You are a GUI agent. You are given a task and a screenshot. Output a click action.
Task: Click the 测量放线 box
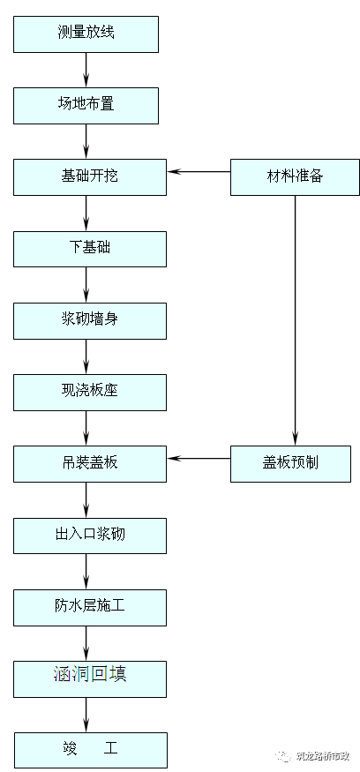pos(86,34)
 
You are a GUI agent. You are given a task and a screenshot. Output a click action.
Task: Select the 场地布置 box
pos(86,105)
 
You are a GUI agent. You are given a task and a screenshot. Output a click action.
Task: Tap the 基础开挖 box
pos(89,176)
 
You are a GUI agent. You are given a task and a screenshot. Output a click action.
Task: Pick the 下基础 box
pos(89,248)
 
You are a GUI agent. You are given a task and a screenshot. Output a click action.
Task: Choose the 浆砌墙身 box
pos(89,319)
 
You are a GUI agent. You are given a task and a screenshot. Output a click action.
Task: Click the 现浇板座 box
pos(89,392)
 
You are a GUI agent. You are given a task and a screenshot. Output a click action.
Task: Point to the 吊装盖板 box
pos(89,463)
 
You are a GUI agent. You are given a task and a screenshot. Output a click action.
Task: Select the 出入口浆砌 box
pos(89,535)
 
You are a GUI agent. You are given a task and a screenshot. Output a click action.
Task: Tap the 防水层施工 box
pos(89,606)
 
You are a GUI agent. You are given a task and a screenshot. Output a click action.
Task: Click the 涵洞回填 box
pos(89,677)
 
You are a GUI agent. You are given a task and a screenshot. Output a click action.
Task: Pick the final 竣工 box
pos(89,749)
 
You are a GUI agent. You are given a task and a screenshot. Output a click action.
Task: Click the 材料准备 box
pos(295,176)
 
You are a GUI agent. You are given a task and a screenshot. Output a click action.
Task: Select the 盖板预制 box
pos(295,463)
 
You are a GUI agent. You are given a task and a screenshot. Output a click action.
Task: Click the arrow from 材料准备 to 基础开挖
pos(199,171)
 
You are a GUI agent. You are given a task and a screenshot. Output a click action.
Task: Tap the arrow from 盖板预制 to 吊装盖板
pos(199,458)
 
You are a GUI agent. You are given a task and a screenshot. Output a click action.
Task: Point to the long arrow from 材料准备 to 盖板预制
pos(295,318)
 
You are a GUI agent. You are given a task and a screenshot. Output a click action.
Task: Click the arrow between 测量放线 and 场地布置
pos(86,69)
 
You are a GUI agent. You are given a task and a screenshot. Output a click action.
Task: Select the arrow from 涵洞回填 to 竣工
pos(86,713)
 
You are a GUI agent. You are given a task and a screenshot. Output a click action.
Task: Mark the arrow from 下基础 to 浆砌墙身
pos(86,284)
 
